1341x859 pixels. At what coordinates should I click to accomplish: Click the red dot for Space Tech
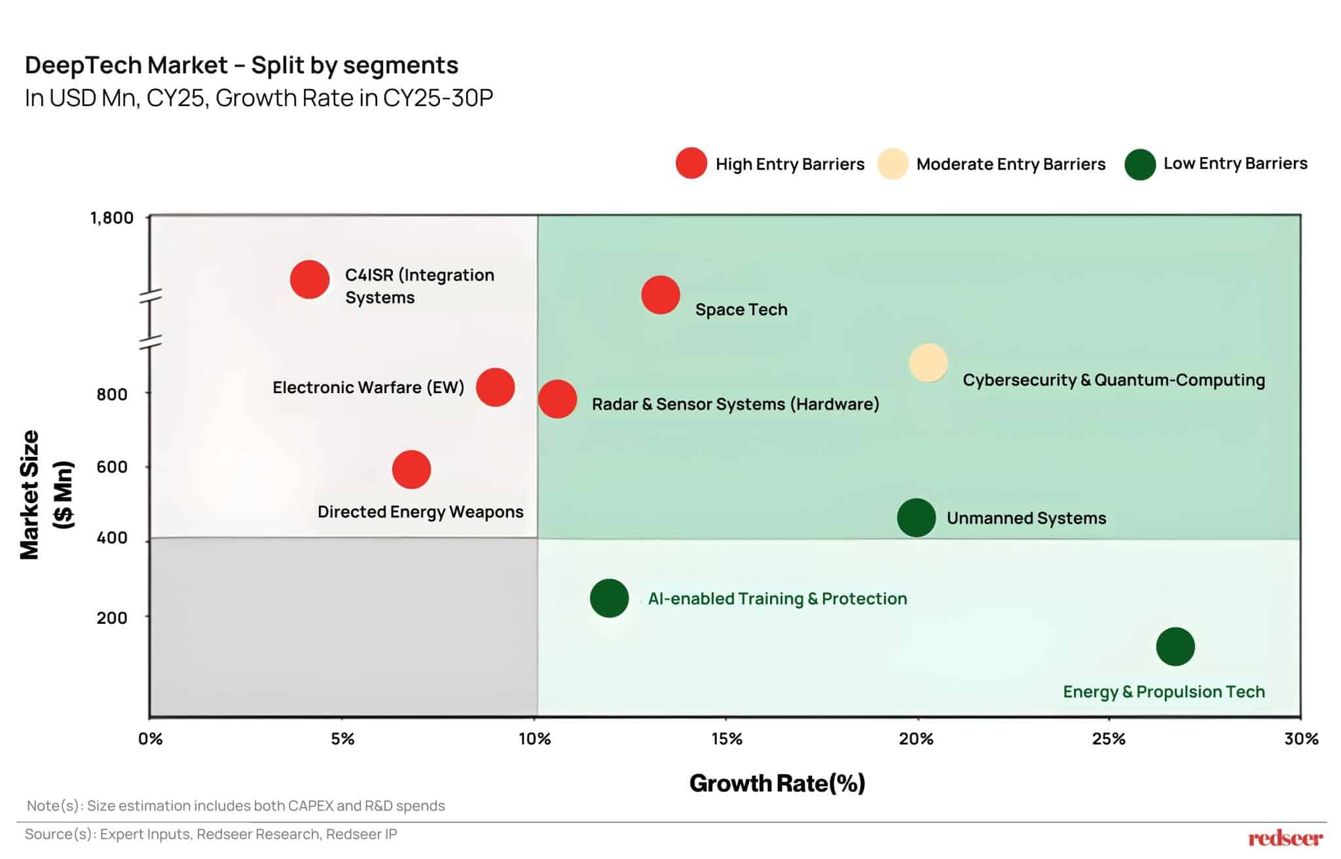coord(660,295)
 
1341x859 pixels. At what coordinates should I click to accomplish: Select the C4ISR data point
coord(309,279)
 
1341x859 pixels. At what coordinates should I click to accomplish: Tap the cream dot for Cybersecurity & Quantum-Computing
coord(928,362)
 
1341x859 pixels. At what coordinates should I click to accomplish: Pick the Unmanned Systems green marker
coord(915,518)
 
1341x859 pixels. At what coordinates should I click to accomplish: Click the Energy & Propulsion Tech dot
coord(1175,647)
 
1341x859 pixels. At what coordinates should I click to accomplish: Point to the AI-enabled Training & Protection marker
coord(609,598)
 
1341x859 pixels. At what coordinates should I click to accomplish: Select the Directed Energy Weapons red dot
coord(411,469)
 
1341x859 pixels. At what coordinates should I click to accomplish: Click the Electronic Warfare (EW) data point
coord(495,387)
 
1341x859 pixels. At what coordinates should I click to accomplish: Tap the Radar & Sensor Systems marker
coord(557,399)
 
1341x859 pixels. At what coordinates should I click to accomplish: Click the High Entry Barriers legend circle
coord(691,163)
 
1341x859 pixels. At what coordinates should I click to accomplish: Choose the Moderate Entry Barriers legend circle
coord(892,164)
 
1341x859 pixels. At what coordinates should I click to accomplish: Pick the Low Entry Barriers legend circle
coord(1139,164)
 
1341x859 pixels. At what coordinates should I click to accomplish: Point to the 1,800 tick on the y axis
coord(111,218)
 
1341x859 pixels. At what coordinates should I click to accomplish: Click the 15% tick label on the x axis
coord(726,739)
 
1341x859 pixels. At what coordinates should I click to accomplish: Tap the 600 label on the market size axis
coord(112,467)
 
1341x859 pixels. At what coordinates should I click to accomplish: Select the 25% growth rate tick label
coord(1109,739)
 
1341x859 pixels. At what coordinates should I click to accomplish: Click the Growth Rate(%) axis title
coord(777,783)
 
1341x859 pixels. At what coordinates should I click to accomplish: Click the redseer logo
coord(1285,838)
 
